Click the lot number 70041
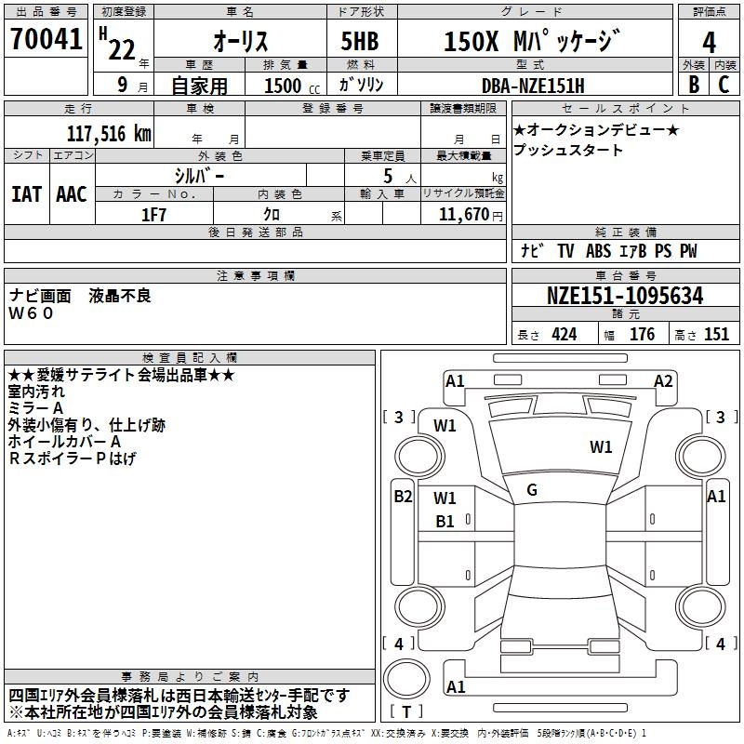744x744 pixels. click(x=46, y=40)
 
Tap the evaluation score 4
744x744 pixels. click(x=709, y=42)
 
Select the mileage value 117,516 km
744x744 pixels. click(x=109, y=133)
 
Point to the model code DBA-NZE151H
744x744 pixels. click(x=533, y=85)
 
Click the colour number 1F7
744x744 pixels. click(x=154, y=214)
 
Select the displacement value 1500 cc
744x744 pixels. click(x=286, y=85)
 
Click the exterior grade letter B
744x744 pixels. click(x=693, y=85)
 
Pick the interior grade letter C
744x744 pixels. click(x=724, y=85)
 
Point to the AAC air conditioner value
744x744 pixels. click(x=72, y=194)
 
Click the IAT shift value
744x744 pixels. click(x=26, y=194)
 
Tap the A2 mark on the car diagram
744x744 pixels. click(x=663, y=380)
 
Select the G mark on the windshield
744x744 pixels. click(x=531, y=490)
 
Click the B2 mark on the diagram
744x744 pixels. click(x=402, y=497)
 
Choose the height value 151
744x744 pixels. click(x=716, y=335)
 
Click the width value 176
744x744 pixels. click(x=642, y=335)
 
